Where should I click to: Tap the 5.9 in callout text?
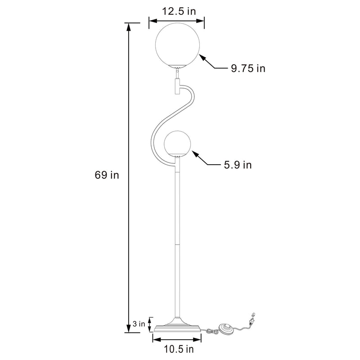click(x=238, y=165)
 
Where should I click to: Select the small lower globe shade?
click(x=179, y=144)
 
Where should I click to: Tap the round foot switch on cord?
click(x=226, y=328)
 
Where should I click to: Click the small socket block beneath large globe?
click(x=176, y=85)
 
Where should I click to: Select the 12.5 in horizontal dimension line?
click(x=176, y=20)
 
